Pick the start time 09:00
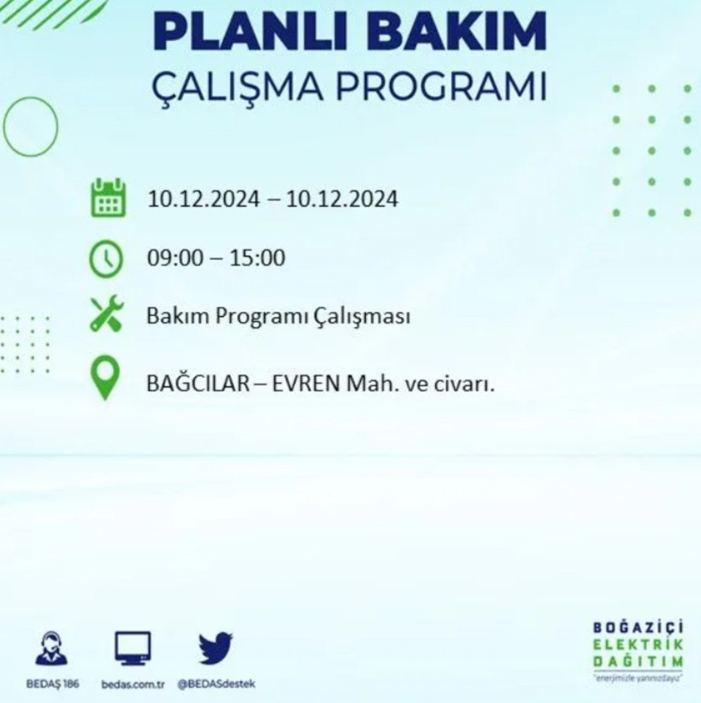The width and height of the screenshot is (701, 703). click(172, 257)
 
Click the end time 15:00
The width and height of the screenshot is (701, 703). click(259, 257)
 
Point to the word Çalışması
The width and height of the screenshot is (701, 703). click(367, 318)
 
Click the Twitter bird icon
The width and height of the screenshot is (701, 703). click(215, 648)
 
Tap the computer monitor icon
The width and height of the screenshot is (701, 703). click(133, 648)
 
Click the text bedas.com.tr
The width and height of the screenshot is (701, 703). click(133, 685)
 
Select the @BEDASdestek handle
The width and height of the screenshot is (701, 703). click(216, 685)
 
